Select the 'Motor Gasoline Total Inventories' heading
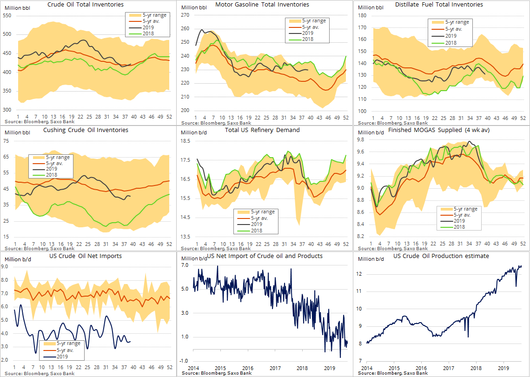point(262,5)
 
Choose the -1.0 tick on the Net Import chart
point(184,361)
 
